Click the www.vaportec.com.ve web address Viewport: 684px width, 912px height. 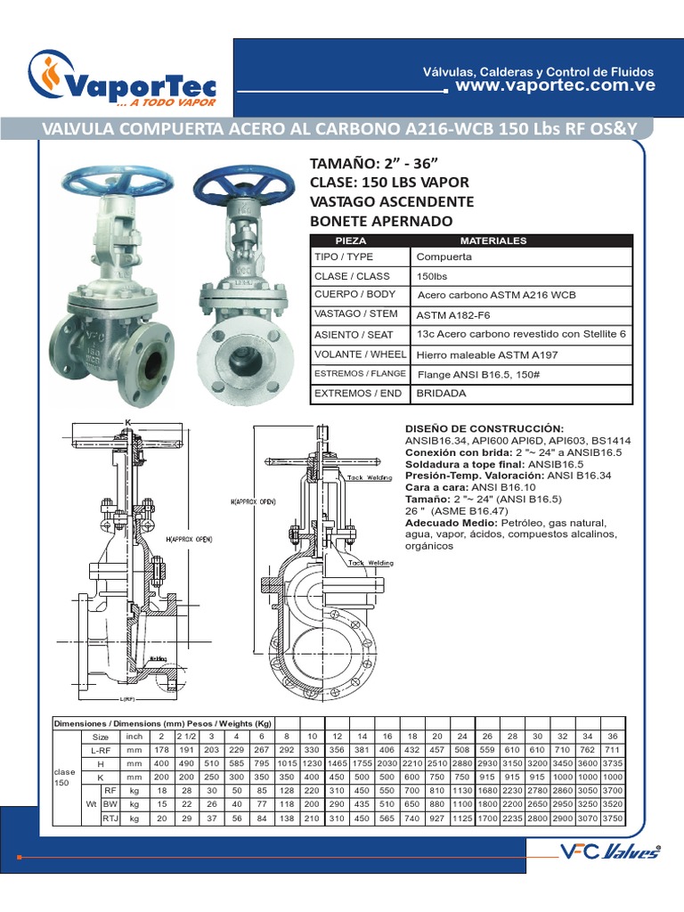pos(555,85)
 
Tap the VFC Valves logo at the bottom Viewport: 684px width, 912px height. pos(609,851)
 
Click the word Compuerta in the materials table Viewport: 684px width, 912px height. pos(444,256)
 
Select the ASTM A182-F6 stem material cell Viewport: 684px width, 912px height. pos(453,314)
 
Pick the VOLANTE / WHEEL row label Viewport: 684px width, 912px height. pos(360,354)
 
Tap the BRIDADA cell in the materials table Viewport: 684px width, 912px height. pos(442,393)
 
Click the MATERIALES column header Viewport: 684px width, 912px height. pos(493,240)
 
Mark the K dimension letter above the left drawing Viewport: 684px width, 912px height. pos(128,420)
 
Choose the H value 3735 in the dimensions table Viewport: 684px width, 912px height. pos(612,765)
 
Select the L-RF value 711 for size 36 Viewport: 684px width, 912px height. pos(612,751)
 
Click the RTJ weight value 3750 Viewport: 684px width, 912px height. pos(612,818)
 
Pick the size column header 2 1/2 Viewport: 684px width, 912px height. pos(185,737)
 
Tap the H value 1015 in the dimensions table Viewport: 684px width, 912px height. pos(286,765)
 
